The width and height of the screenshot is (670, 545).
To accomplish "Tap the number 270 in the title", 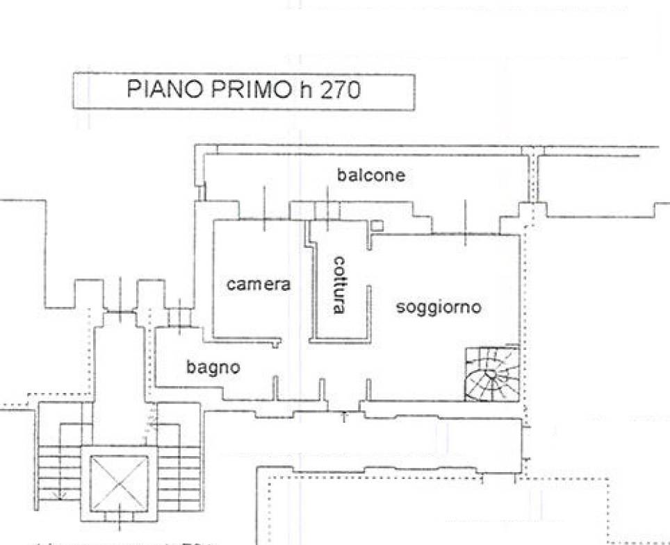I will pos(340,91).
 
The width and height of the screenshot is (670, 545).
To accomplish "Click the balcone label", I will pos(370,175).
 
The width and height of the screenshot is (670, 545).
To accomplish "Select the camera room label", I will pos(258,284).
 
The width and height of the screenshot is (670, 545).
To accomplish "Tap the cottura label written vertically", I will pos(338,285).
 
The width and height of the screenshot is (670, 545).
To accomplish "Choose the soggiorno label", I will pos(438,307).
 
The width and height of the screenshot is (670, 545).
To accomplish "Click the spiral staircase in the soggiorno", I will pos(491,374).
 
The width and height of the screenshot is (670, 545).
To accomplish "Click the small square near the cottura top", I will pos(376,225).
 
